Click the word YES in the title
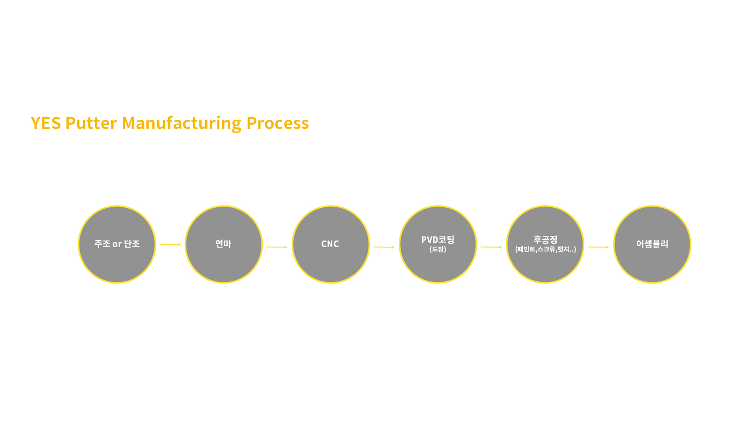(46, 123)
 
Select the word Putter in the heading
(91, 123)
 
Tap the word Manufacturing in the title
(181, 124)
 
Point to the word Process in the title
(278, 123)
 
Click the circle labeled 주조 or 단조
(117, 244)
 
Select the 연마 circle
(224, 244)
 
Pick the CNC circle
(331, 244)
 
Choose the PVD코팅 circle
(438, 244)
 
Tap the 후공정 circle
(545, 244)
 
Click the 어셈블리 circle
(652, 244)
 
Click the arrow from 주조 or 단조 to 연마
(170, 245)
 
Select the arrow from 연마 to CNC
(277, 247)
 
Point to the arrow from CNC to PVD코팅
(384, 247)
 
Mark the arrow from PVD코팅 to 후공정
(491, 247)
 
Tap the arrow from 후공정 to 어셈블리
(598, 247)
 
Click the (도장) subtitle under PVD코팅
(438, 249)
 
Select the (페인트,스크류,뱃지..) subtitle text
(545, 249)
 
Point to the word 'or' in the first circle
(117, 244)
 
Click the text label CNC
(330, 244)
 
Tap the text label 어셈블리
(652, 244)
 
